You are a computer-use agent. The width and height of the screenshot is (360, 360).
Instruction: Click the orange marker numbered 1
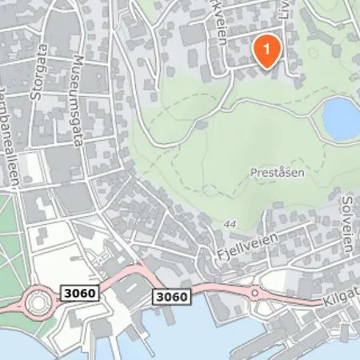point(267,50)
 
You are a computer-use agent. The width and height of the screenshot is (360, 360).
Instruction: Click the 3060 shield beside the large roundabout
point(78,294)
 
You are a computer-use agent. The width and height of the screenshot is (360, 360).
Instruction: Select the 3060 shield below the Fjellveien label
point(172,298)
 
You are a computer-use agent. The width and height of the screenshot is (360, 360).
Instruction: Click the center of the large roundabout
point(36,302)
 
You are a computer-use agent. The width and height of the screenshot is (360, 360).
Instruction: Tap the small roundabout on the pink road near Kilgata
point(254,293)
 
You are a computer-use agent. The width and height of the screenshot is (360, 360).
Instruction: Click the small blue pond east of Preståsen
point(342,117)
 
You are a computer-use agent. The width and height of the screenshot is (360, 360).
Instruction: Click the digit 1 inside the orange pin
point(267,49)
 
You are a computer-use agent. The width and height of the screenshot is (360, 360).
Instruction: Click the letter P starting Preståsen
point(254,171)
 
